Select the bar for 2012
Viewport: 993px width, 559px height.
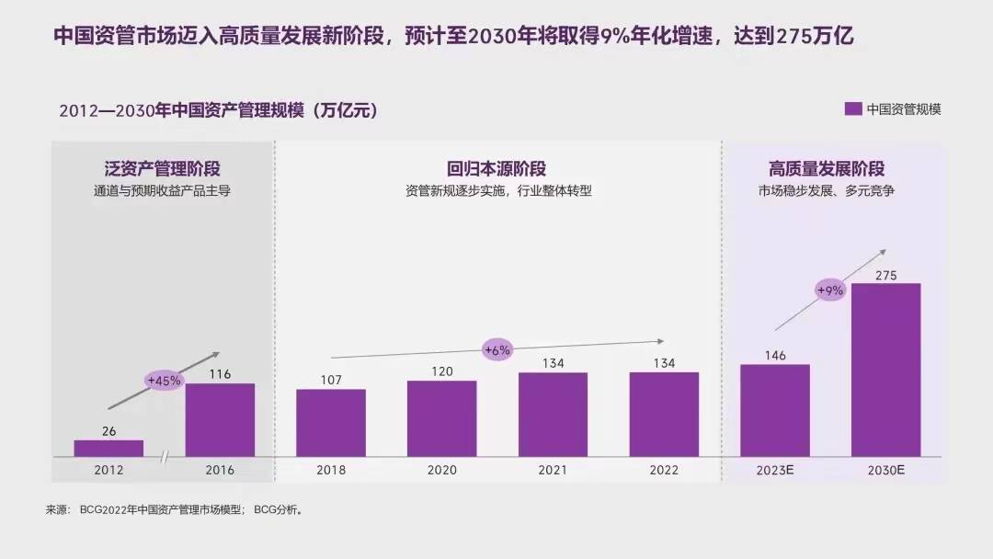coord(108,448)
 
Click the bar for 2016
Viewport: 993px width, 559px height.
coord(220,419)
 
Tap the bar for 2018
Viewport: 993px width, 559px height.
coord(331,422)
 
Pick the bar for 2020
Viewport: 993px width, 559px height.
coord(441,418)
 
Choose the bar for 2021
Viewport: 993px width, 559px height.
coord(553,414)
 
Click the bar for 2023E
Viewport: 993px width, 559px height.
coord(775,410)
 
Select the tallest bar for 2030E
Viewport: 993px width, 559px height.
coord(885,370)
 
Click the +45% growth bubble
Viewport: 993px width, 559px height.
coord(165,379)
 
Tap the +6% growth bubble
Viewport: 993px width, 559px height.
coord(496,349)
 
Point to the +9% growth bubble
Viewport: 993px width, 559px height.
coord(830,291)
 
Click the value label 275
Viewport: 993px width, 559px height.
coord(885,276)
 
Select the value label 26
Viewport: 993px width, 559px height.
coord(108,431)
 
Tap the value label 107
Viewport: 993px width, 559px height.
coord(331,381)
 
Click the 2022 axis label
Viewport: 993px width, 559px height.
coord(663,471)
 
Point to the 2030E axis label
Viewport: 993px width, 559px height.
coord(885,471)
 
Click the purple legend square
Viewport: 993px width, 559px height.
coord(853,108)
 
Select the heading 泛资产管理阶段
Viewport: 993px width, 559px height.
coord(162,169)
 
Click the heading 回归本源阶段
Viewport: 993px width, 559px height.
coord(496,169)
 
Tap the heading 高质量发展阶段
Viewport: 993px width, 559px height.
coord(827,169)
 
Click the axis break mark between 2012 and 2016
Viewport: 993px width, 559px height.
coord(165,457)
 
